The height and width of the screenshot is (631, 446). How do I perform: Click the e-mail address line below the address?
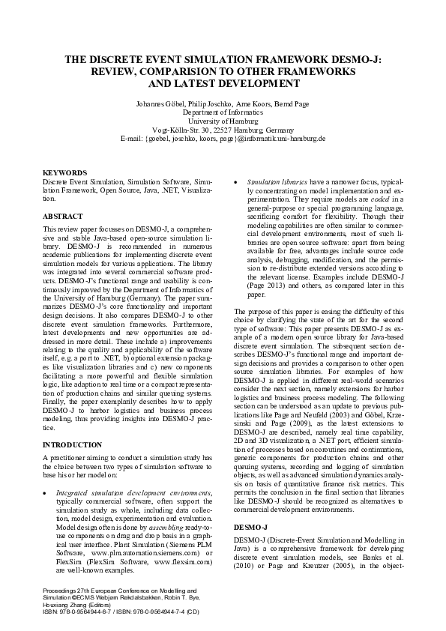click(223, 139)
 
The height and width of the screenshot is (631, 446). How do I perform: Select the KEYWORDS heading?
click(65, 172)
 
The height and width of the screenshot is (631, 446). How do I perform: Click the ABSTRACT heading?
click(63, 216)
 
